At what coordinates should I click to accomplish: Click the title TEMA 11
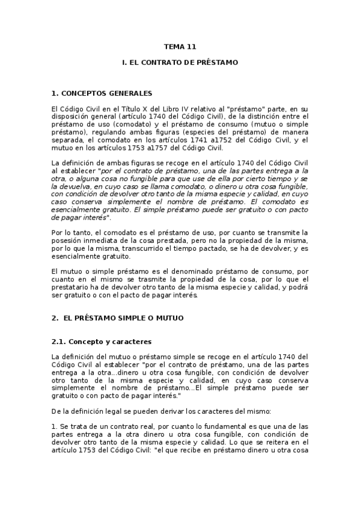(180, 46)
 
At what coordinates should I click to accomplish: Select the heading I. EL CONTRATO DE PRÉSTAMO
(180, 62)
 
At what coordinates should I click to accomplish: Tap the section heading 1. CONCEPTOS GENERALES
(102, 93)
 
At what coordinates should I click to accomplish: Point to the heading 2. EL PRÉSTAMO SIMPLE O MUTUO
(118, 317)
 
